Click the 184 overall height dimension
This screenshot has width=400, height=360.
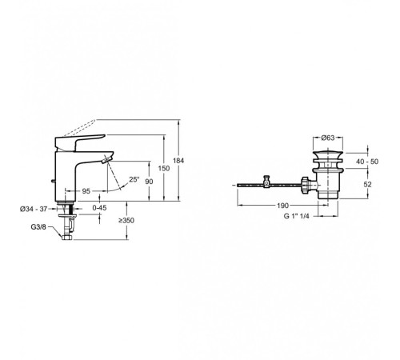[178, 161]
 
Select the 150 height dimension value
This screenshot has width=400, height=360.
[164, 168]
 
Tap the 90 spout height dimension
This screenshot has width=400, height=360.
[149, 182]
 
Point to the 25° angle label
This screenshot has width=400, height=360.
[134, 179]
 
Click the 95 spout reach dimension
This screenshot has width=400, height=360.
[86, 191]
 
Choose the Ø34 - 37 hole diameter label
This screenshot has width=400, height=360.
[34, 209]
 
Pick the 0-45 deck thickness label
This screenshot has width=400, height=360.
[99, 207]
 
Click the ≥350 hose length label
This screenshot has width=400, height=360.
[126, 221]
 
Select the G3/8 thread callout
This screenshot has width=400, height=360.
[38, 227]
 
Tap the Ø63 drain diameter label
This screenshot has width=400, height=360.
[328, 138]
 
